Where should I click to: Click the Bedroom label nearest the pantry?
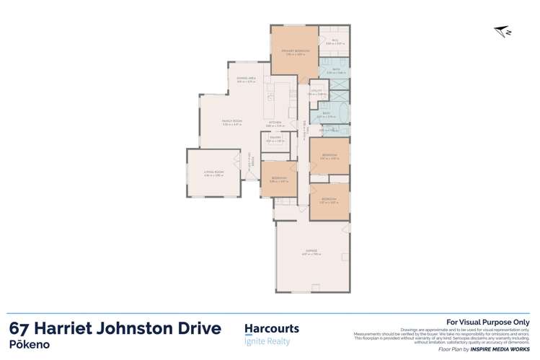(278, 180)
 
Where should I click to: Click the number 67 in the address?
(22, 329)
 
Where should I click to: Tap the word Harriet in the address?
(71, 329)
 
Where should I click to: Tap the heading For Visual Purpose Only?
(488, 322)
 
